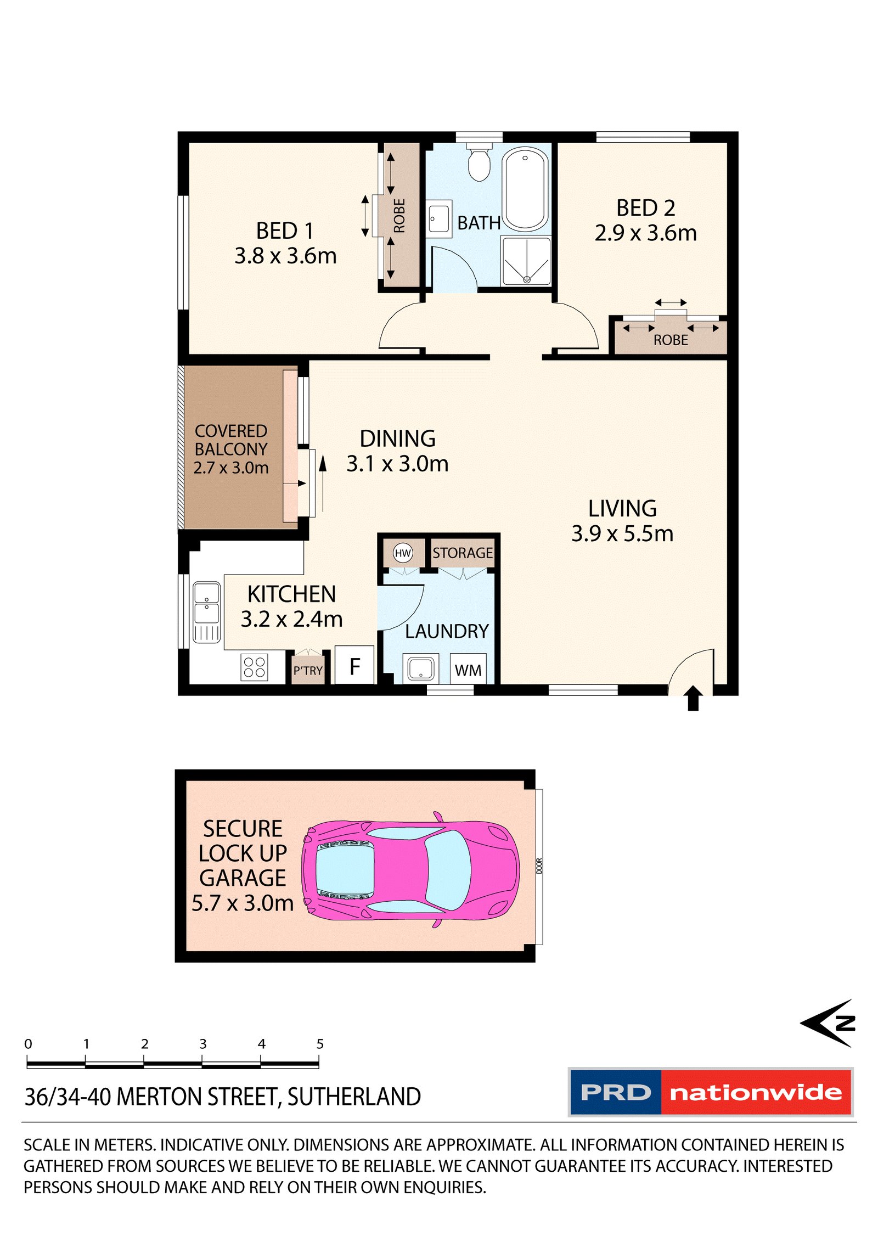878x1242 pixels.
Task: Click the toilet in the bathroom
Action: coord(479,162)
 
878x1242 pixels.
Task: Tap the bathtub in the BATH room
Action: coord(525,189)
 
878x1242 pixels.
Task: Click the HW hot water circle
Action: coord(403,553)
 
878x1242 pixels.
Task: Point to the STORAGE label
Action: coord(463,553)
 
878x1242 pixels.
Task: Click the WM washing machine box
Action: coord(468,668)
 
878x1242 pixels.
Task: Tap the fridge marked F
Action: coord(354,665)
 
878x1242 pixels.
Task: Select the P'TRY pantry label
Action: coord(308,670)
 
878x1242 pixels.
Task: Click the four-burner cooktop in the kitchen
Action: coord(255,667)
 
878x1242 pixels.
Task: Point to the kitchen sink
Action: coord(207,612)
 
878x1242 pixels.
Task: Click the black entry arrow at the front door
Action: coord(693,698)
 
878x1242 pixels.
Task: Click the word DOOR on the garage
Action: coord(539,866)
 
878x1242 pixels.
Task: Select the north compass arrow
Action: coord(828,1022)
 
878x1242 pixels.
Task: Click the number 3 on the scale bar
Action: coord(203,1043)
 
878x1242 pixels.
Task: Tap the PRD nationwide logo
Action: coord(711,1092)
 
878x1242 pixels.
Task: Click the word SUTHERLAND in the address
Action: coord(354,1097)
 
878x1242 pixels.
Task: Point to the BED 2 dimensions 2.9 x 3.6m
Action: coord(646,233)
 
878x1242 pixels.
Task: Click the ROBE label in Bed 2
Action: coord(671,340)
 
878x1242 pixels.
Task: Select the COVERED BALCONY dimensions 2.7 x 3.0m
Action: coord(231,468)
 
